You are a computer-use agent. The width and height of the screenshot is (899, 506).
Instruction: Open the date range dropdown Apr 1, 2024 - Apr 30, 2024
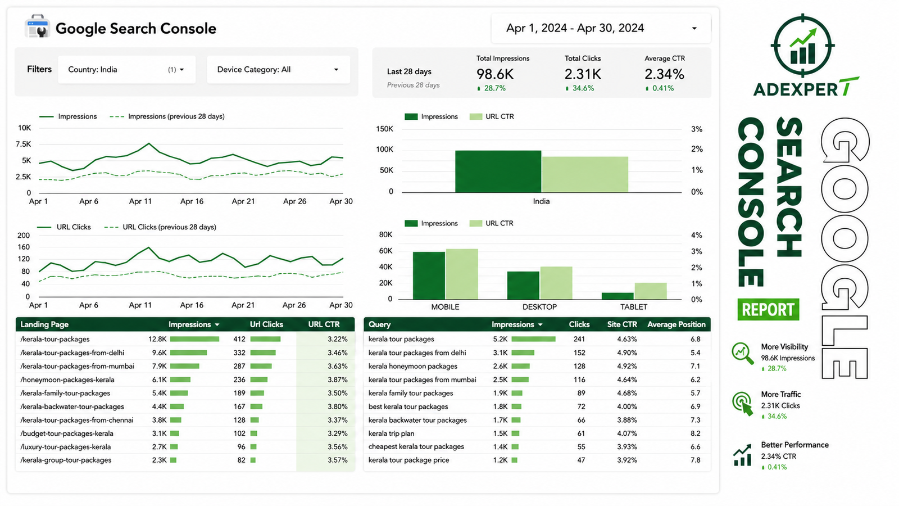pos(601,28)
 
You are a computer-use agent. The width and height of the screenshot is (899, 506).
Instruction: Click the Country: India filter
pos(126,70)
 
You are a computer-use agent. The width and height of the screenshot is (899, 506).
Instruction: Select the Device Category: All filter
pos(278,70)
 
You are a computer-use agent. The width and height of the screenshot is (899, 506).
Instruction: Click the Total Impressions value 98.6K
pos(495,74)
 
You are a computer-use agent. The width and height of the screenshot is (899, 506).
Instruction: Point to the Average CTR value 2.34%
pos(664,74)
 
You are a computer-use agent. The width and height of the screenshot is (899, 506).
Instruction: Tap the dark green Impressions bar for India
pos(498,171)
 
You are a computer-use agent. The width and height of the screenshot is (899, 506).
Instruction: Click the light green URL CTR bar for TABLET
pos(651,291)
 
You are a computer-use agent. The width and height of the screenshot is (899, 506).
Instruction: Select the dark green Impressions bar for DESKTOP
pos(523,286)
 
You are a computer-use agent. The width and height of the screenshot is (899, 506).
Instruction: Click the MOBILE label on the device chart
pos(445,307)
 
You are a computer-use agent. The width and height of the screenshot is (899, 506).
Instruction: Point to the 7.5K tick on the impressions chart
pos(23,144)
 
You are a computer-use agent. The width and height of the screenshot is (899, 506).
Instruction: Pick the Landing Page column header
pos(44,324)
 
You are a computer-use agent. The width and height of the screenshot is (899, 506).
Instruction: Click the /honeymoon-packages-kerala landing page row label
pos(67,379)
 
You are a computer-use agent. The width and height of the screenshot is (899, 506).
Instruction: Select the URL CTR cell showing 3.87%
pos(337,379)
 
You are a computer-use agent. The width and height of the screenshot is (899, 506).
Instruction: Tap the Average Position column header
pos(676,324)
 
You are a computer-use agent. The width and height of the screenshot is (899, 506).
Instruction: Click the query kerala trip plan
pos(391,433)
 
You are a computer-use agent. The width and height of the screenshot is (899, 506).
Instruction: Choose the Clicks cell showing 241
pos(579,339)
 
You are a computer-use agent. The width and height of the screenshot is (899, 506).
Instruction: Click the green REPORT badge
pos(768,309)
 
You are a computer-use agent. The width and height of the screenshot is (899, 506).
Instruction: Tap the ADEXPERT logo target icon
pos(803,46)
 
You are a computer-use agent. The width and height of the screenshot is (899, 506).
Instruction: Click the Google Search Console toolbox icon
pos(37,26)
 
